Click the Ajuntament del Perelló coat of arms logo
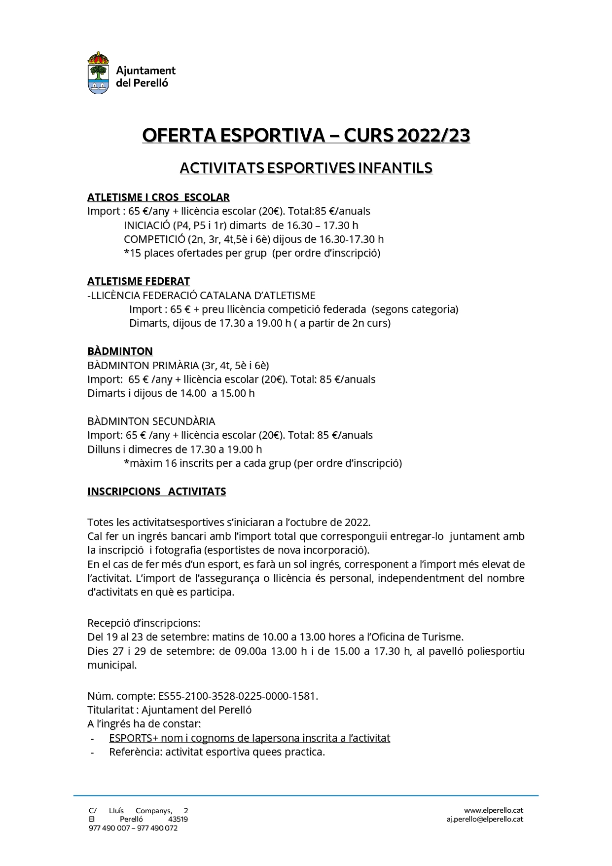pyautogui.click(x=98, y=73)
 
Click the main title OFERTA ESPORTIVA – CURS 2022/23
pyautogui.click(x=306, y=135)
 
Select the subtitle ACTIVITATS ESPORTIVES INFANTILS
pyautogui.click(x=306, y=168)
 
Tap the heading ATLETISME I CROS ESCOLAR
pyautogui.click(x=158, y=197)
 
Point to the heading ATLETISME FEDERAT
pyautogui.click(x=139, y=281)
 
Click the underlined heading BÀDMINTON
pyautogui.click(x=120, y=351)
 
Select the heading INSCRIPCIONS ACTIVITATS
pyautogui.click(x=156, y=491)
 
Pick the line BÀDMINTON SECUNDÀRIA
pyautogui.click(x=151, y=421)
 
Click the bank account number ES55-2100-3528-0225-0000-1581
pyautogui.click(x=237, y=696)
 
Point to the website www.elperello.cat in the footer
pyautogui.click(x=493, y=810)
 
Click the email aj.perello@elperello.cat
pyautogui.click(x=485, y=819)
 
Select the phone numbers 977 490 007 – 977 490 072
pyautogui.click(x=133, y=828)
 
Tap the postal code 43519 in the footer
pyautogui.click(x=178, y=819)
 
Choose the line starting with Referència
pyautogui.click(x=217, y=753)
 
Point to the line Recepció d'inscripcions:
pyautogui.click(x=144, y=623)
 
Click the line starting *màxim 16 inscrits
pyautogui.click(x=263, y=463)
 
